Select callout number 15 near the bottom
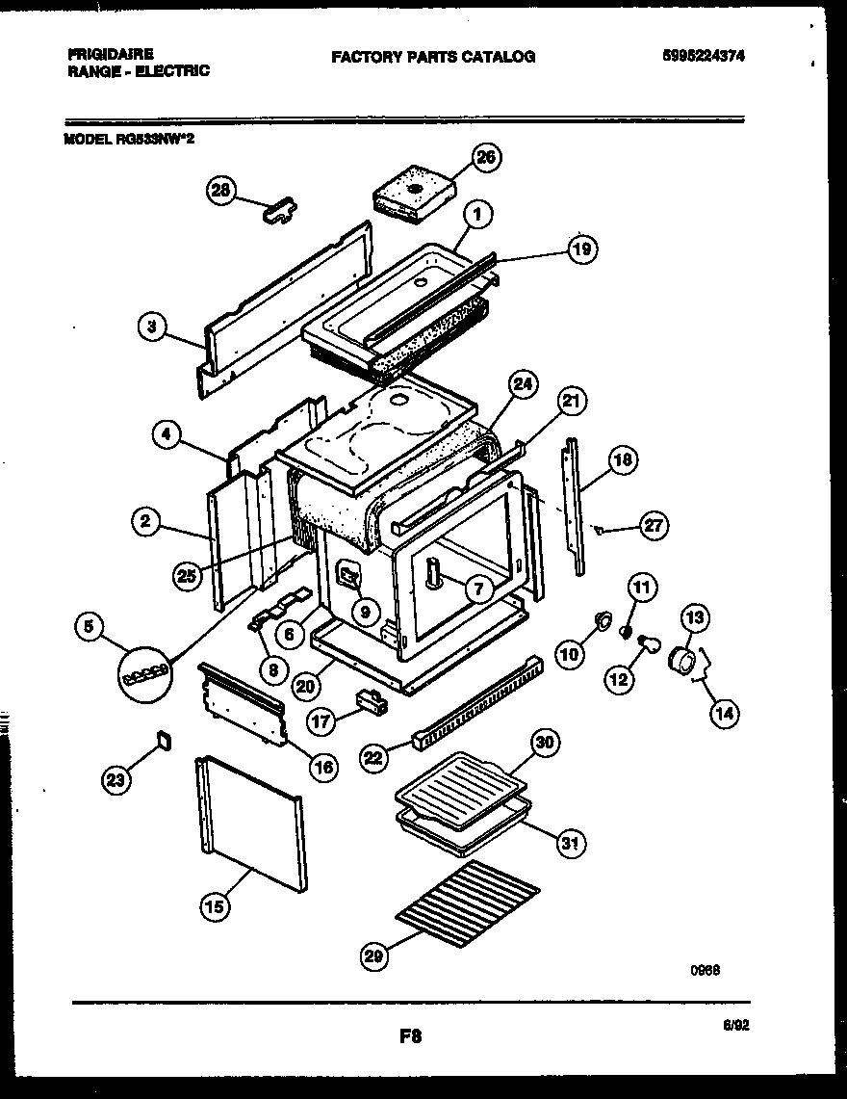tap(217, 905)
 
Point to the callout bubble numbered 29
tap(376, 955)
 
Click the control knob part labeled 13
tap(685, 663)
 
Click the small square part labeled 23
tap(163, 741)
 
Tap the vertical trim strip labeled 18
tap(576, 506)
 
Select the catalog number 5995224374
tap(703, 57)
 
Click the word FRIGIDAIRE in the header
tap(111, 55)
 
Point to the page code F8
tap(411, 1036)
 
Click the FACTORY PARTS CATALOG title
tap(433, 57)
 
